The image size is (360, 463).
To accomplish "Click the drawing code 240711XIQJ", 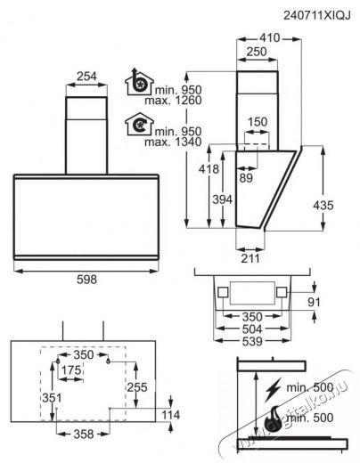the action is click(x=317, y=15).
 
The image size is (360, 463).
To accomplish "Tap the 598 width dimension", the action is click(x=86, y=280).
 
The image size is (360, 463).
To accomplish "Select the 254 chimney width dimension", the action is click(x=86, y=77).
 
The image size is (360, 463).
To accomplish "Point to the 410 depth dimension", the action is click(x=270, y=38).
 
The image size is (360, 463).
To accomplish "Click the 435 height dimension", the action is click(x=323, y=205).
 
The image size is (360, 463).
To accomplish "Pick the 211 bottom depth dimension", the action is click(x=250, y=258).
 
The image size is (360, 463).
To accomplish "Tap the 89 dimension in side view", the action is click(x=246, y=178).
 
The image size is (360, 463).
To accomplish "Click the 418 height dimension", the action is click(x=209, y=169).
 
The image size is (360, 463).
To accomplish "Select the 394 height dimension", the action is click(x=222, y=199).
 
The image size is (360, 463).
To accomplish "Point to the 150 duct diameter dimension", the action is click(x=258, y=122).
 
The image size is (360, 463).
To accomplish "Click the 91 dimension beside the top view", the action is click(x=314, y=302).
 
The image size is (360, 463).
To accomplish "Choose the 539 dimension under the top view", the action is click(x=252, y=341).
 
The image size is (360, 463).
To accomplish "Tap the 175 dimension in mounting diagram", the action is click(x=71, y=370).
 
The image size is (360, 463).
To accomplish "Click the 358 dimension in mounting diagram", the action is click(x=84, y=435).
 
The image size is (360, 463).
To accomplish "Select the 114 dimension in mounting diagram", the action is click(x=171, y=415).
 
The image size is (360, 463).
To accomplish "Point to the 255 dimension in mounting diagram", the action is click(x=137, y=387).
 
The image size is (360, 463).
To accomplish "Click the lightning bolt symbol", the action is click(x=273, y=390).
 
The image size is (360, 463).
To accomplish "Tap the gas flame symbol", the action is click(x=274, y=419).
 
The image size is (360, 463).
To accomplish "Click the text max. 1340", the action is click(x=173, y=142).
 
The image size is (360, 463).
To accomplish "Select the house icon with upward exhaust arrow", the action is click(x=139, y=82).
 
